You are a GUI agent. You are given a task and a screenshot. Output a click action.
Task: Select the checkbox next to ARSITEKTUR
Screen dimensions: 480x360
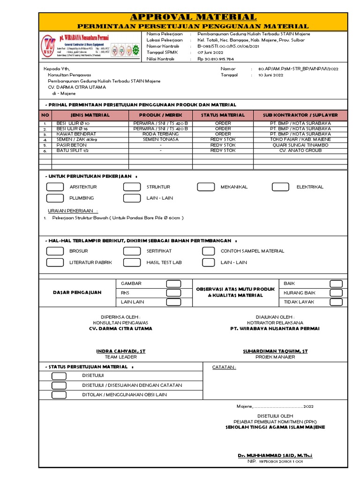pyautogui.click(x=55, y=187)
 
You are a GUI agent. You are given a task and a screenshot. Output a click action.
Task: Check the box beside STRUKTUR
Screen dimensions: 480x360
pyautogui.click(x=132, y=187)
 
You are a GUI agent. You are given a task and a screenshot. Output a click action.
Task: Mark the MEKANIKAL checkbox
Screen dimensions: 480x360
pyautogui.click(x=206, y=187)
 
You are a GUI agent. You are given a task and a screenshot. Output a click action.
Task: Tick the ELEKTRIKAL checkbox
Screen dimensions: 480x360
pyautogui.click(x=281, y=187)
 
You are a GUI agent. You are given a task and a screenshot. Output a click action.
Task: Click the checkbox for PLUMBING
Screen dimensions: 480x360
pyautogui.click(x=55, y=198)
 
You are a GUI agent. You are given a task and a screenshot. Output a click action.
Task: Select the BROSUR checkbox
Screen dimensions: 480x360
pyautogui.click(x=55, y=251)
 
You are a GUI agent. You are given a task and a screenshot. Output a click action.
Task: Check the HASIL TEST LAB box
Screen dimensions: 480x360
pyautogui.click(x=132, y=262)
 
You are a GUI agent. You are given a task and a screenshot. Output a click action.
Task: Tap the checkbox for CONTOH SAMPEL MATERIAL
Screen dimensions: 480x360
pyautogui.click(x=210, y=251)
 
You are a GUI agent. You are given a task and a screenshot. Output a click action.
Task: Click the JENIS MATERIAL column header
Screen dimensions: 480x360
pyautogui.click(x=90, y=115)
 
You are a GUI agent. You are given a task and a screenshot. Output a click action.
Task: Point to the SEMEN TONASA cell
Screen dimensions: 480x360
pyautogui.click(x=160, y=140)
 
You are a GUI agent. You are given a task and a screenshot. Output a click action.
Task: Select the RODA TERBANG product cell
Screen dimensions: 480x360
pyautogui.click(x=160, y=134)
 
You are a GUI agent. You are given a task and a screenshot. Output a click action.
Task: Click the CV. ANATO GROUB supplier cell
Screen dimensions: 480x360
pyautogui.click(x=300, y=150)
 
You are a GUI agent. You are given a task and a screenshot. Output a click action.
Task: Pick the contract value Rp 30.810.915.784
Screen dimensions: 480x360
pyautogui.click(x=216, y=60)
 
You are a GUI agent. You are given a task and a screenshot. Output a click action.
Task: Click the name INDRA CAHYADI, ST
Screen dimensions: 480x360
pyautogui.click(x=121, y=351)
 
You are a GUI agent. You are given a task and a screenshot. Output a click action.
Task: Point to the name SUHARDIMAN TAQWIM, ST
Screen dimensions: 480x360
pyautogui.click(x=275, y=351)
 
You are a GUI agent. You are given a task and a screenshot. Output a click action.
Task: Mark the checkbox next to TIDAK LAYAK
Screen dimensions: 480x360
pyautogui.click(x=336, y=302)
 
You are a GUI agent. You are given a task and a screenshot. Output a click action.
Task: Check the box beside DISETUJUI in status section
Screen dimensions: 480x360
pyautogui.click(x=59, y=376)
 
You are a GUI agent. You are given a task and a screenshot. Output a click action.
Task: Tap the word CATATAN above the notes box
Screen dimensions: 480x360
pyautogui.click(x=224, y=367)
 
